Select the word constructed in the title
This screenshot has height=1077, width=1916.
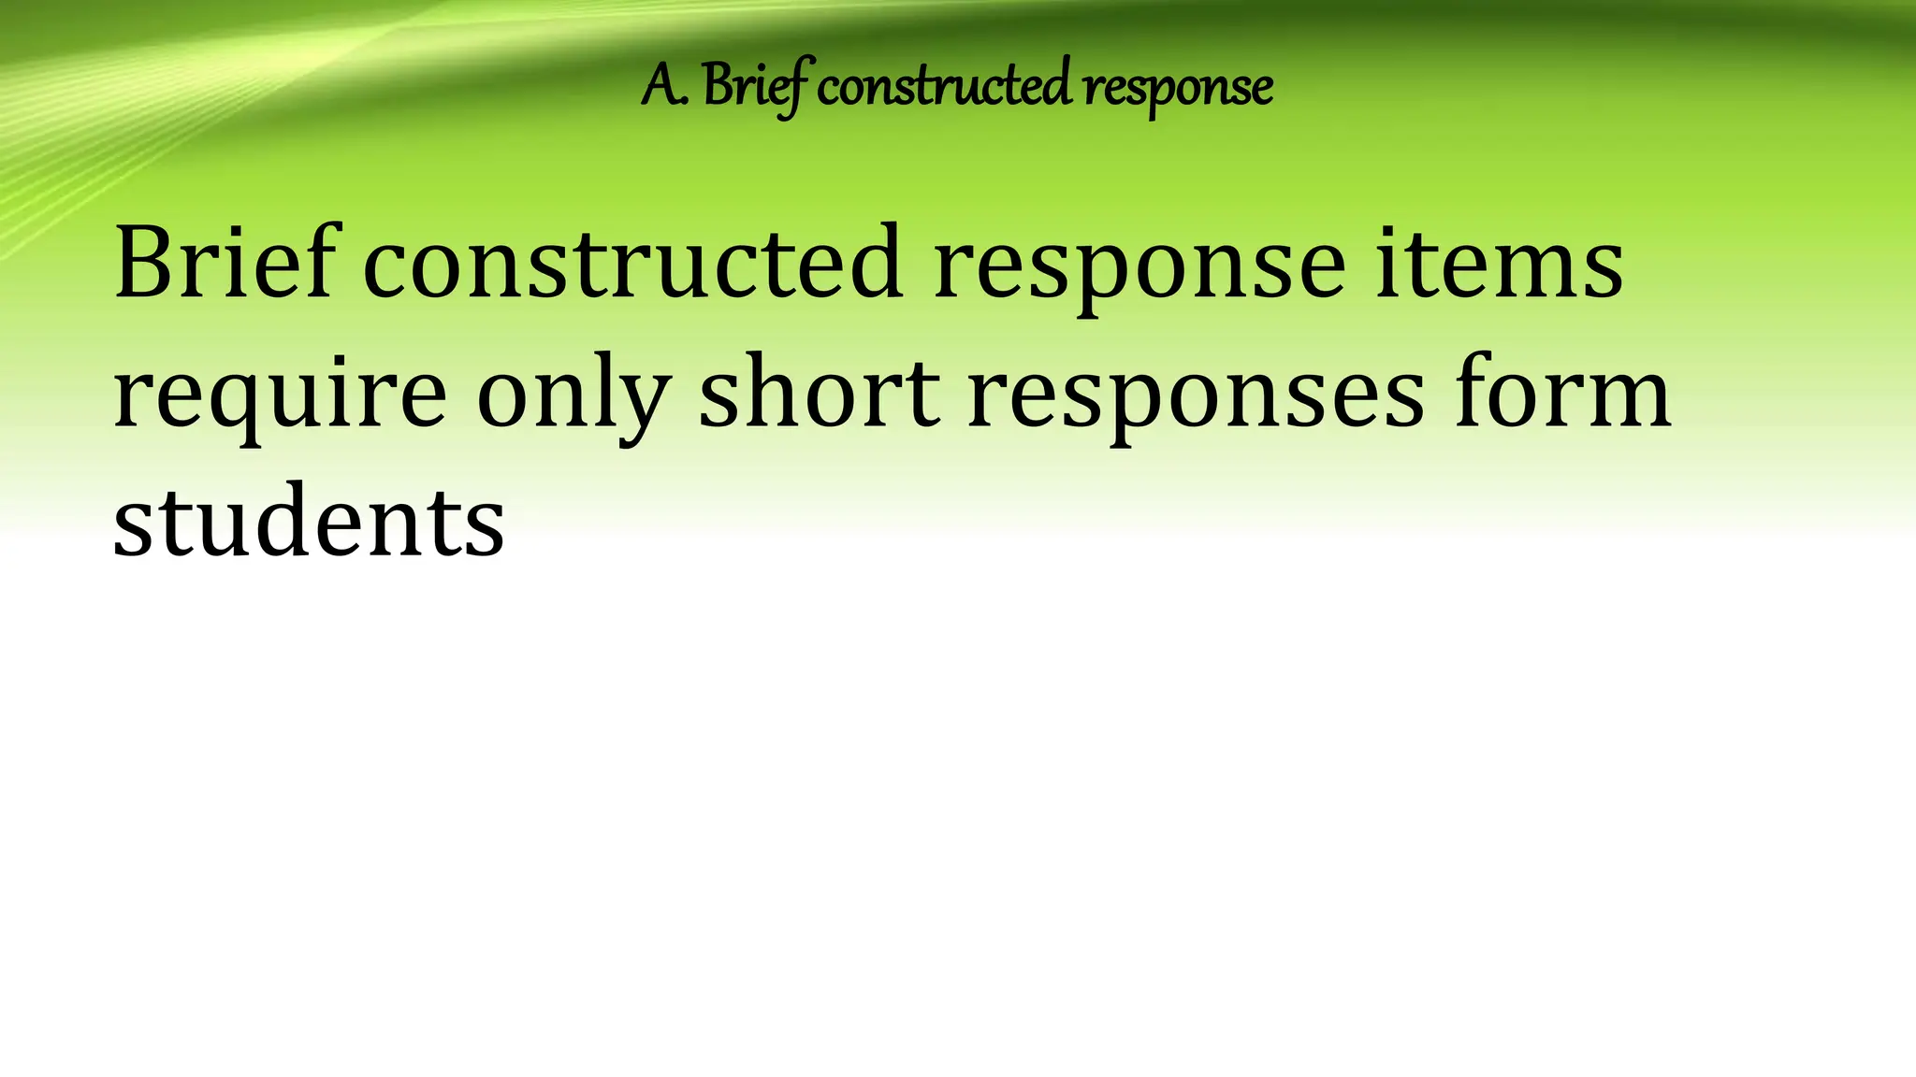944,87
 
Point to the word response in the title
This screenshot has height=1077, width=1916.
1177,89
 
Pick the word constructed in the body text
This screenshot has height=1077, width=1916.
632,265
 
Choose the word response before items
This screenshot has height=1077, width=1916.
1139,266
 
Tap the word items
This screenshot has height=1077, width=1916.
1500,265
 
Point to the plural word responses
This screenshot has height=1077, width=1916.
1197,396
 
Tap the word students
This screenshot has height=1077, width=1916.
309,521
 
